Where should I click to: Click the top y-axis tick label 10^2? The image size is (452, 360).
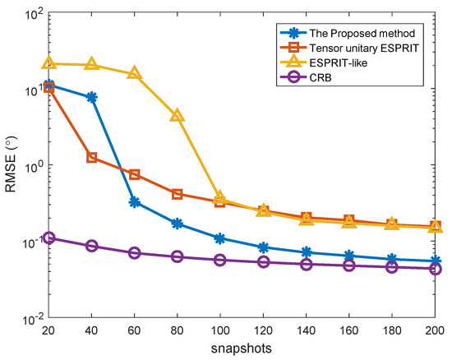point(30,14)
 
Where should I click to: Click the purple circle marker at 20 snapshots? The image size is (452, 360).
point(48,238)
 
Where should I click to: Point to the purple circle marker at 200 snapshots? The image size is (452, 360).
point(435,269)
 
